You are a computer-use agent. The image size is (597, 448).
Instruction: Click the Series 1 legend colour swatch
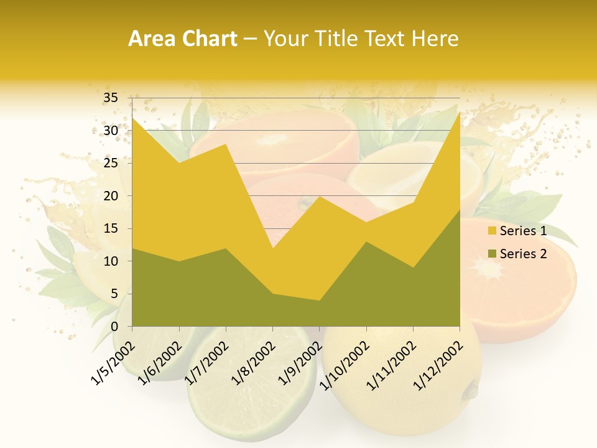tap(493, 231)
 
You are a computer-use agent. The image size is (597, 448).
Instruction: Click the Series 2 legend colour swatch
tap(493, 254)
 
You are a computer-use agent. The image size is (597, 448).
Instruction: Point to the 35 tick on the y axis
tap(111, 98)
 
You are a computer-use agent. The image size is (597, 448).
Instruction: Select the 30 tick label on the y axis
tap(111, 131)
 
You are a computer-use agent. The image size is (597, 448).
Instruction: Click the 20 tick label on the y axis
tap(111, 196)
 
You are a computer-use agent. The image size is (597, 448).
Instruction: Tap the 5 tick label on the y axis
tap(114, 294)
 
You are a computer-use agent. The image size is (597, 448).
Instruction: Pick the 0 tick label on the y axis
tap(114, 327)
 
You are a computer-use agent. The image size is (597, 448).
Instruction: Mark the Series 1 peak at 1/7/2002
tap(226, 144)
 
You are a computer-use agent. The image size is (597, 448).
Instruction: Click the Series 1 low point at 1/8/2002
tap(272, 248)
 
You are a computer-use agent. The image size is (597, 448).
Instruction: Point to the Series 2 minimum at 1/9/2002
tap(320, 301)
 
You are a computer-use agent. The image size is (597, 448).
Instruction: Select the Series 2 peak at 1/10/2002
tap(366, 242)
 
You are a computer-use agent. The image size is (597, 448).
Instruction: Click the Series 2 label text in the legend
tap(523, 254)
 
